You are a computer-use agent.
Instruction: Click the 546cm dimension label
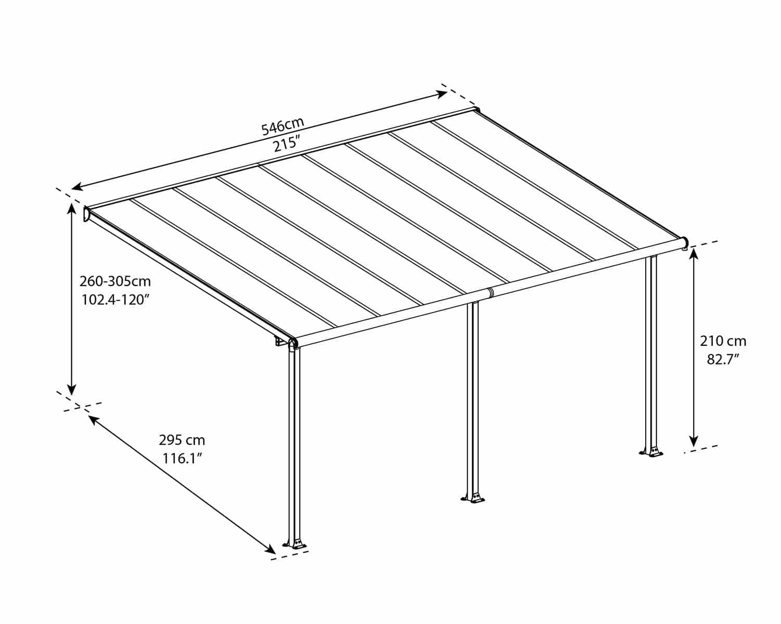click(282, 126)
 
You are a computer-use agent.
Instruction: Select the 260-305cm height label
click(115, 281)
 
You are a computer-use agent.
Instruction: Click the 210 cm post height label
click(723, 341)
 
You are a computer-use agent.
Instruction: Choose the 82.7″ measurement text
click(723, 359)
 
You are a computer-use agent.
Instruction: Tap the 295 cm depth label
click(182, 440)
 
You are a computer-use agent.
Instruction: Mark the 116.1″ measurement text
click(182, 459)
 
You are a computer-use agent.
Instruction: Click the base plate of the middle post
click(474, 499)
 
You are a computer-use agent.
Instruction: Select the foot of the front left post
click(295, 544)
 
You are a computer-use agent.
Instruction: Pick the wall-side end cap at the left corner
click(86, 214)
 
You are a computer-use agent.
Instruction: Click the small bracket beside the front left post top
click(280, 342)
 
